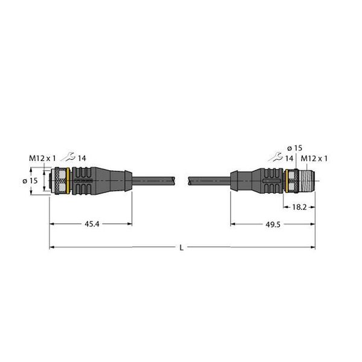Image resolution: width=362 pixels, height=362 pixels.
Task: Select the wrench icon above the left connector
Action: point(71,158)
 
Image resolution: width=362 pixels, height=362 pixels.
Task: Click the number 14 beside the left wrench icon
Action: point(82,158)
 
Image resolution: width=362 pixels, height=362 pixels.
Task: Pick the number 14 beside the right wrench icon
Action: point(290,157)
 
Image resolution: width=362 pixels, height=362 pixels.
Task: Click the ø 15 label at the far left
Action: point(35,179)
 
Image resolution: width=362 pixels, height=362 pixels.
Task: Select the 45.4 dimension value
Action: point(91,224)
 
